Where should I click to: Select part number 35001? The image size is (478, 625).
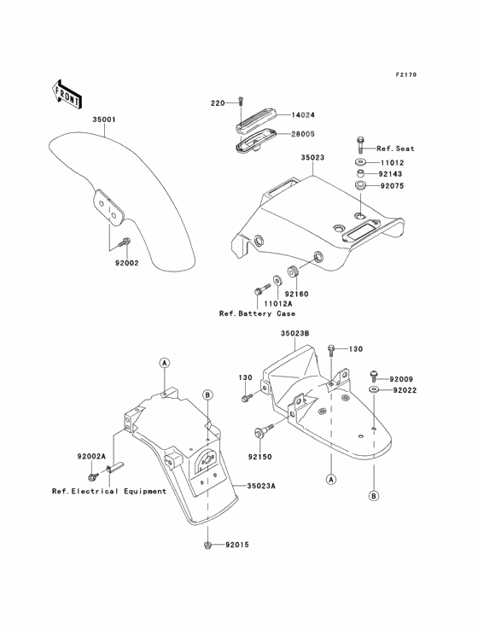(x=105, y=120)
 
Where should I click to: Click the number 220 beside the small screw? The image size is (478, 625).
(x=217, y=102)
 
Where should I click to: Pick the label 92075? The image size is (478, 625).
(x=392, y=184)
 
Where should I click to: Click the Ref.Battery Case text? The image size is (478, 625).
(x=253, y=313)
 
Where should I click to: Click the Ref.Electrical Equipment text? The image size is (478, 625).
(x=109, y=491)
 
